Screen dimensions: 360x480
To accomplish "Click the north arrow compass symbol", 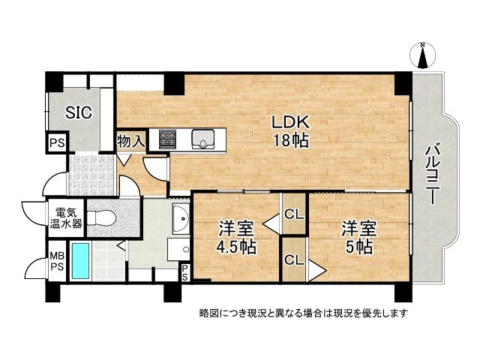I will pyautogui.click(x=422, y=55).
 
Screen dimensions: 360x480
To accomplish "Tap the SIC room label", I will pyautogui.click(x=79, y=112).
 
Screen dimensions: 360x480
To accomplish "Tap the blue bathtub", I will pyautogui.click(x=79, y=261).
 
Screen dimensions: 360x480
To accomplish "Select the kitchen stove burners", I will pyautogui.click(x=167, y=139).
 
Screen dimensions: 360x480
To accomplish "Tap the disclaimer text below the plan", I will pyautogui.click(x=303, y=312).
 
